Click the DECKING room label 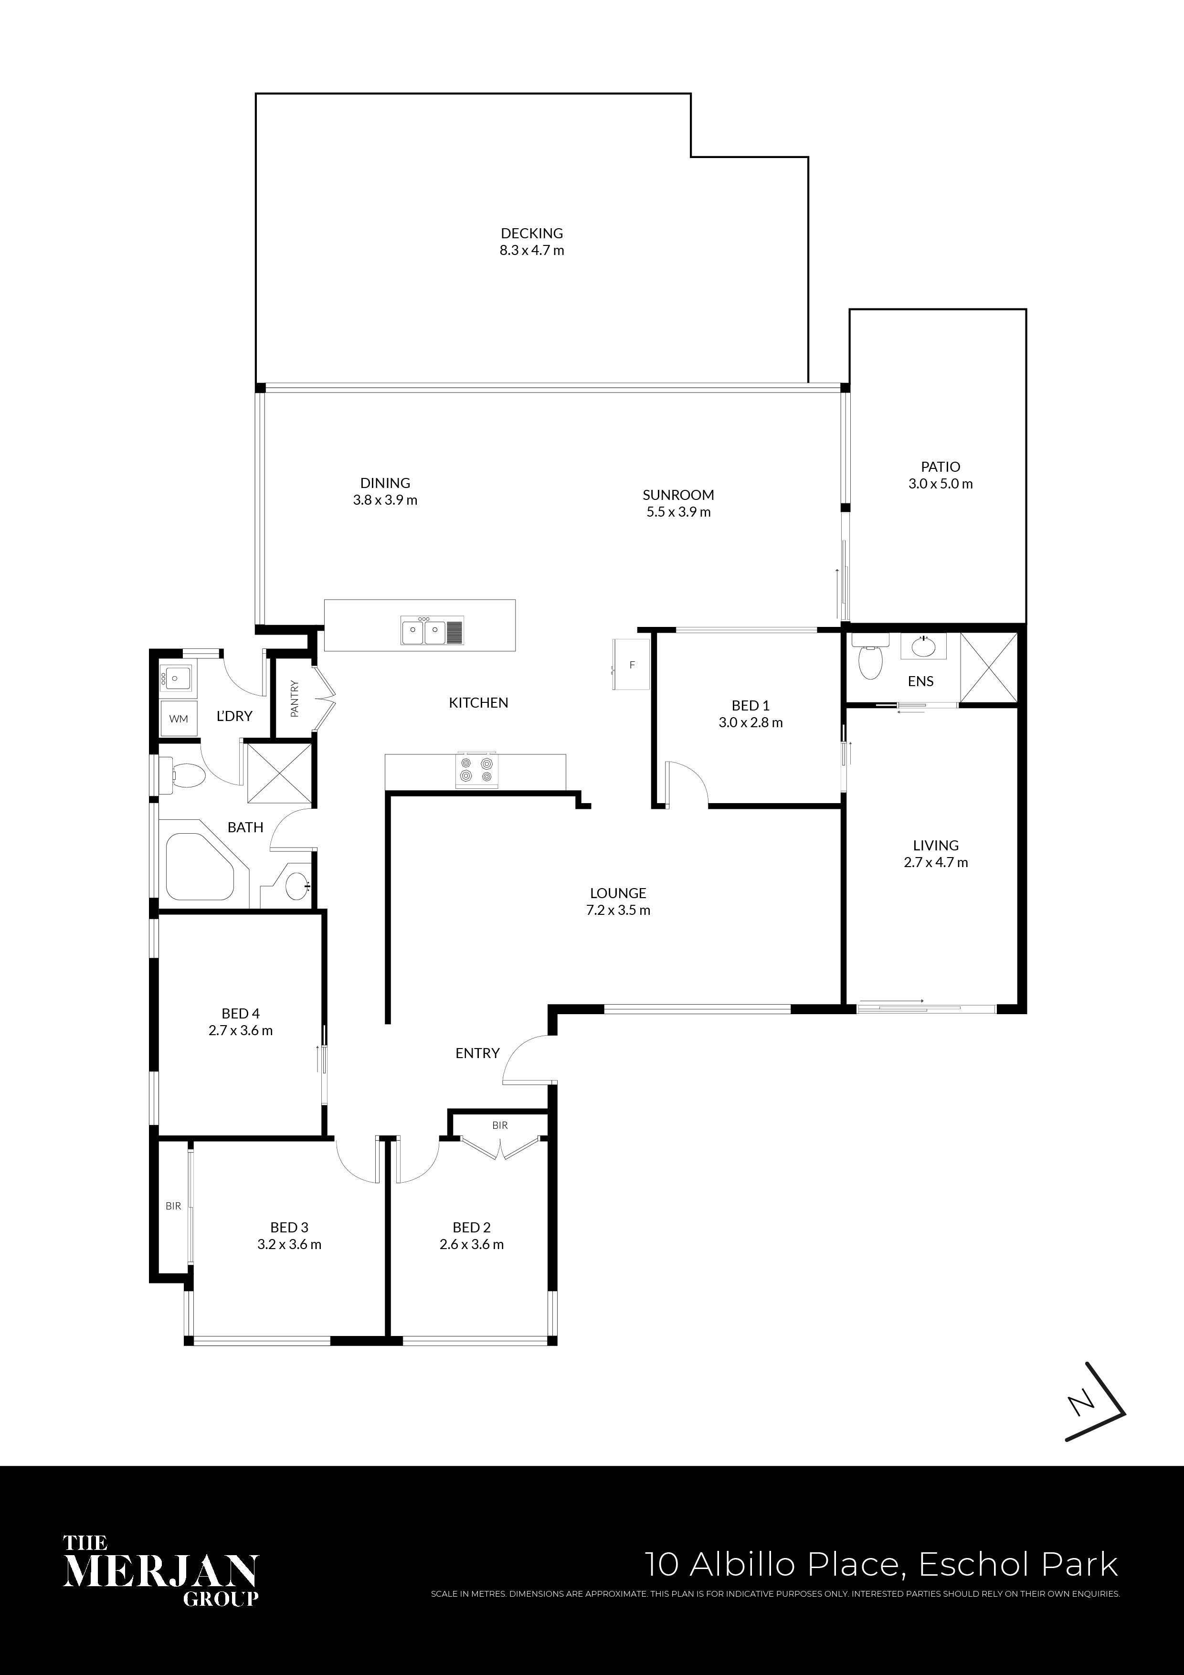(532, 233)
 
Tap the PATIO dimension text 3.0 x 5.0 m (941, 484)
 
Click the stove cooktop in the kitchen (476, 770)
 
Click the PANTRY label (295, 699)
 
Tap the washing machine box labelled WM (179, 719)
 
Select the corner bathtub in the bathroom (201, 868)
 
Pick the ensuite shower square (988, 668)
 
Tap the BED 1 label (751, 705)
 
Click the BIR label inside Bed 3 (173, 1206)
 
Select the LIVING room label (936, 846)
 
